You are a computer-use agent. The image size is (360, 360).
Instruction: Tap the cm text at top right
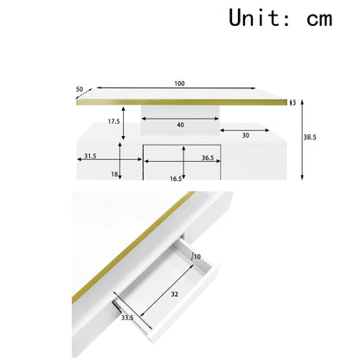click(319, 20)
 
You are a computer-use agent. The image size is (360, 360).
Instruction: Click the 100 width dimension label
click(179, 84)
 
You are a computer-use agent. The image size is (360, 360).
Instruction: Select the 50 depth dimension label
click(80, 89)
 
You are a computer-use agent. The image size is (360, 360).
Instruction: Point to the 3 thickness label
click(294, 103)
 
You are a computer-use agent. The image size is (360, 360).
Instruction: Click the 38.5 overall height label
click(310, 138)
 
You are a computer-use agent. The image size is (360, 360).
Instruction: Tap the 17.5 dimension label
click(113, 121)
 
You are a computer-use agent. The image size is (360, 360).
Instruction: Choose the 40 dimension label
click(180, 125)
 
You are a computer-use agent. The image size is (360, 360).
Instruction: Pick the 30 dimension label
click(246, 135)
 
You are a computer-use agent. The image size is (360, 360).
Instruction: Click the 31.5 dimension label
click(90, 156)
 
